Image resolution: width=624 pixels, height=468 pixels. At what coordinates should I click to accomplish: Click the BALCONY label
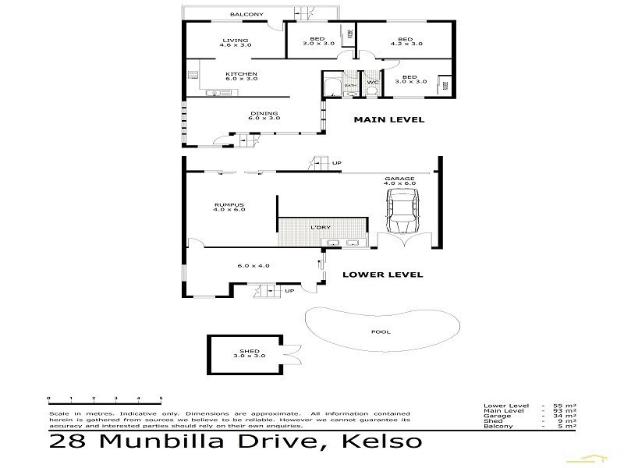246,14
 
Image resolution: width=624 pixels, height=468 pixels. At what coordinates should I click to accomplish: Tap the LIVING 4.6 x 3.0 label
235,42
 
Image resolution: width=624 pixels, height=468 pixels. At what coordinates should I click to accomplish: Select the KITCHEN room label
242,76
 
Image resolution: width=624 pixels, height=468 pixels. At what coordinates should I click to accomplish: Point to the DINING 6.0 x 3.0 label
264,115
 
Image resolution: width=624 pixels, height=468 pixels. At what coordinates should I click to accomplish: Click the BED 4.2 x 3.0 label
405,42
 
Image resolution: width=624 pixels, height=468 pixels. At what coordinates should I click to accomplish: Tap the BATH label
350,85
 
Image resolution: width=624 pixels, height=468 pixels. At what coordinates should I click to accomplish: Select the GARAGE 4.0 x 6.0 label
399,181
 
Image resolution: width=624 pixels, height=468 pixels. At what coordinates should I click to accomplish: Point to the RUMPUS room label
229,207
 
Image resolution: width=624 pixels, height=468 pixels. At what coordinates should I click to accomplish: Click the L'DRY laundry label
318,227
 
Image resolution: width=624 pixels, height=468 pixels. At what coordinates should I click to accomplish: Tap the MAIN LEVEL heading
388,120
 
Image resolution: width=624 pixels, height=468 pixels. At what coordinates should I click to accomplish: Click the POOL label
381,331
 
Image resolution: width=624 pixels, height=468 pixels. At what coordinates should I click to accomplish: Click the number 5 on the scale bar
161,398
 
